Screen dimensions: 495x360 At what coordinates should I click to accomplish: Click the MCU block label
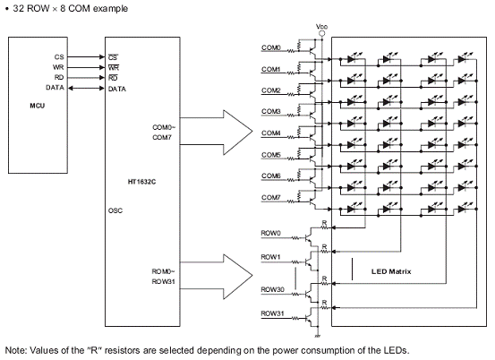[38, 106]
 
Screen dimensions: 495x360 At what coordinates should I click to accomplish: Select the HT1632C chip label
[141, 182]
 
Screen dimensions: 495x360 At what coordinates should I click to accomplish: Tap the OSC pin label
[115, 210]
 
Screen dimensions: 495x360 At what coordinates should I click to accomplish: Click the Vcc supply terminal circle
[321, 33]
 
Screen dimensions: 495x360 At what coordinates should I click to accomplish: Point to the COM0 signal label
[271, 47]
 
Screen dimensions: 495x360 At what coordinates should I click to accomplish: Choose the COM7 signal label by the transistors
[271, 197]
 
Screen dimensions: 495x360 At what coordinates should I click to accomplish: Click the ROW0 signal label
[270, 233]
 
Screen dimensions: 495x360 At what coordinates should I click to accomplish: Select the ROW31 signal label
[272, 313]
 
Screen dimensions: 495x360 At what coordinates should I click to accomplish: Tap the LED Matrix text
[391, 271]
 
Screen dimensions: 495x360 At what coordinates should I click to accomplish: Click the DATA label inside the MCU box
[55, 88]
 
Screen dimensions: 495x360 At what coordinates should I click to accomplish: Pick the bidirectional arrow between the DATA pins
[86, 88]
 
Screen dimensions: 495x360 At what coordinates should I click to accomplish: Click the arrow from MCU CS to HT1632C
[86, 56]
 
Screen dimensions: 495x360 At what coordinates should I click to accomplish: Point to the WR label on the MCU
[58, 67]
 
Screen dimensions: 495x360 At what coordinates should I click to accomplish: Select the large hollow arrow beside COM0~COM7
[217, 133]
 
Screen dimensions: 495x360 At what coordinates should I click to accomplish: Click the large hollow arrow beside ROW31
[217, 277]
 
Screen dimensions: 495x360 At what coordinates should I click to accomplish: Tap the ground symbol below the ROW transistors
[318, 335]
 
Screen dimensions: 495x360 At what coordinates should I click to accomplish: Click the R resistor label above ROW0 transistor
[324, 223]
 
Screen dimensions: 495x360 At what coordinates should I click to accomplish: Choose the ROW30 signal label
[272, 289]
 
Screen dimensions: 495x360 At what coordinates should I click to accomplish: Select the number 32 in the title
[19, 9]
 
